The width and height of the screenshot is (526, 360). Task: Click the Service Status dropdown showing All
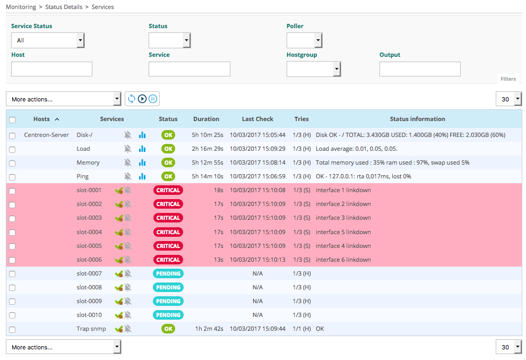click(47, 40)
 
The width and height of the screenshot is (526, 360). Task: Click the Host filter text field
click(51, 69)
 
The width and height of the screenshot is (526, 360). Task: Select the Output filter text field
click(420, 69)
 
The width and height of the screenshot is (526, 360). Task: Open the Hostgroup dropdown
click(313, 69)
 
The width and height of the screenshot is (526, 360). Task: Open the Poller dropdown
click(304, 40)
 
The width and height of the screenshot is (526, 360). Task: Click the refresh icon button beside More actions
click(132, 99)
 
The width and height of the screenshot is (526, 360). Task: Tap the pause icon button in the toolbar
click(153, 99)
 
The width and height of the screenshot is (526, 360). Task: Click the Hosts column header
click(42, 119)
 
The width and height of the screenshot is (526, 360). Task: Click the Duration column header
click(206, 119)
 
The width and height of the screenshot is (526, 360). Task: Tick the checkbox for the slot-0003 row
click(12, 218)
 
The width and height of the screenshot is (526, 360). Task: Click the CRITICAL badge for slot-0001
click(168, 190)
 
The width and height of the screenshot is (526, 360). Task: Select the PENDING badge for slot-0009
click(168, 301)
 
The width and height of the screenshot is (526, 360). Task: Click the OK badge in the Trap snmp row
click(168, 329)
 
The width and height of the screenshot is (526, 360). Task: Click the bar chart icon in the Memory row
click(142, 162)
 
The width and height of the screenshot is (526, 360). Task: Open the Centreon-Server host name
click(46, 135)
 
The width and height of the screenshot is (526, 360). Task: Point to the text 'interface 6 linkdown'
click(343, 260)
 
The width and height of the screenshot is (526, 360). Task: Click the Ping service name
click(83, 176)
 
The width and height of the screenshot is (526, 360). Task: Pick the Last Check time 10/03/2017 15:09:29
click(257, 149)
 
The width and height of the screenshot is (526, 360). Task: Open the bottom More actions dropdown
click(64, 347)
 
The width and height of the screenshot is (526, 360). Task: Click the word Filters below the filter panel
click(508, 79)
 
